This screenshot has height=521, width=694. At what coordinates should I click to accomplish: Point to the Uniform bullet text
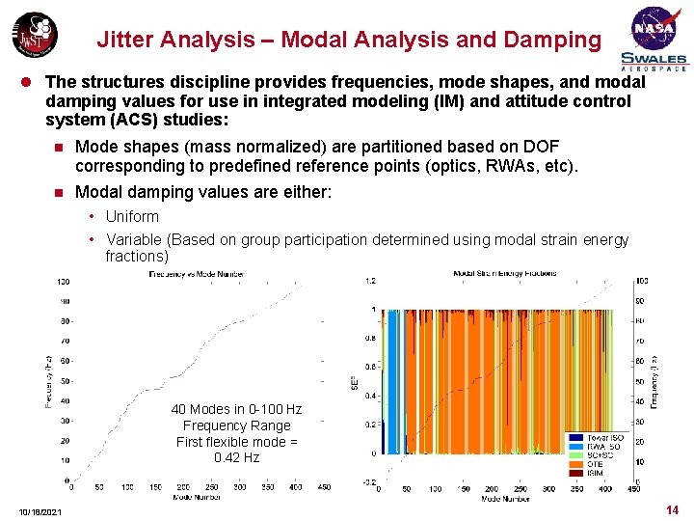(132, 216)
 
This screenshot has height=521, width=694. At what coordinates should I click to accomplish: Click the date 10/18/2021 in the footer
(40, 510)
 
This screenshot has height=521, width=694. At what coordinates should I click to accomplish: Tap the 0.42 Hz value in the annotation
(236, 457)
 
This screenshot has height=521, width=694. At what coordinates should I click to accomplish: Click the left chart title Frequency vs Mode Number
(196, 274)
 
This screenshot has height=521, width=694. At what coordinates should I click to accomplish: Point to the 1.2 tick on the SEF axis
(369, 281)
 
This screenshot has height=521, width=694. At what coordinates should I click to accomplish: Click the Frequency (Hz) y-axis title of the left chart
(49, 380)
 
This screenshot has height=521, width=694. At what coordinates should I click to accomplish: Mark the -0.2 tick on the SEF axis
(368, 481)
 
